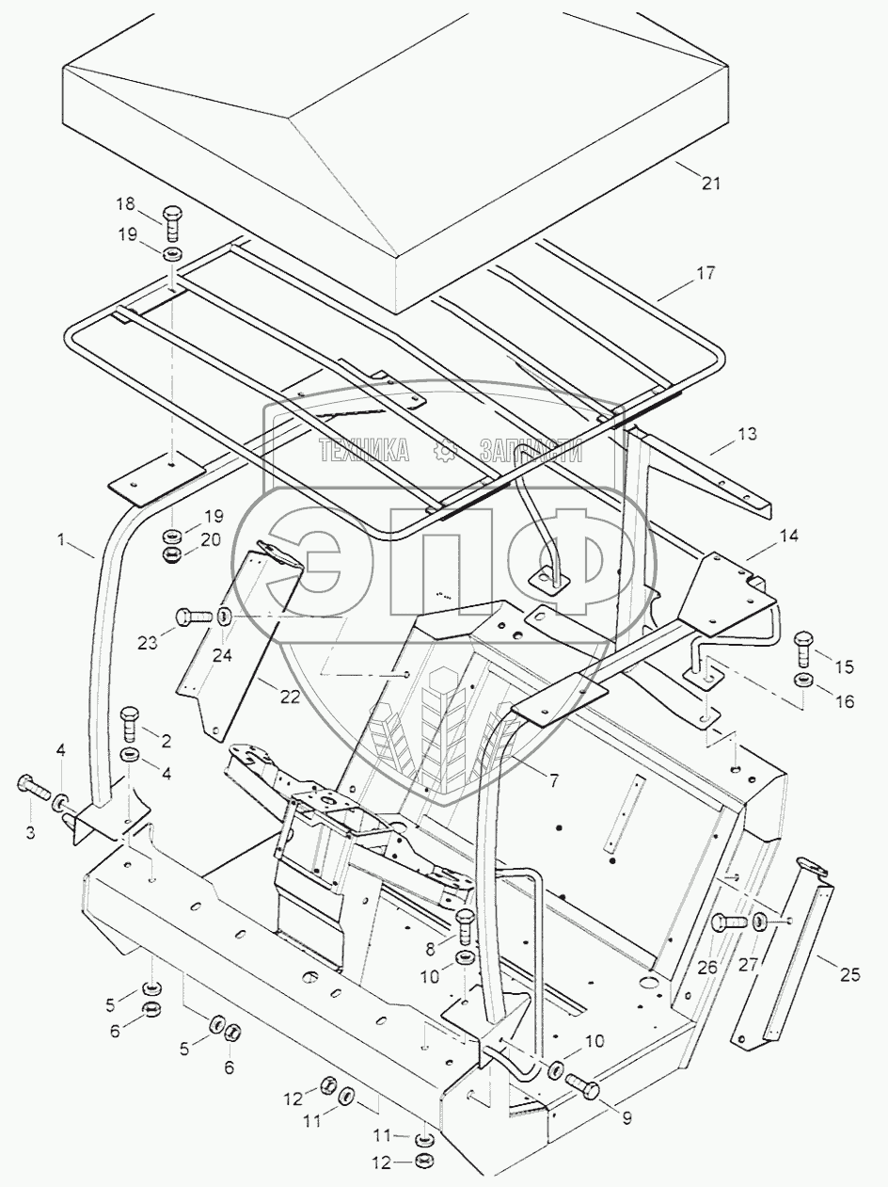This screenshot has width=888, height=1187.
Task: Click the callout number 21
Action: click(x=711, y=184)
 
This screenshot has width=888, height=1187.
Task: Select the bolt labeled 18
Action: click(x=173, y=223)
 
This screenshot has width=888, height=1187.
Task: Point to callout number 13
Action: click(x=747, y=434)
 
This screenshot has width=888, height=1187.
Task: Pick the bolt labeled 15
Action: click(x=803, y=650)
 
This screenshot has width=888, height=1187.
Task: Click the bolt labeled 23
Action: click(x=195, y=616)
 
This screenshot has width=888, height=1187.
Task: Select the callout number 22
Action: click(x=291, y=698)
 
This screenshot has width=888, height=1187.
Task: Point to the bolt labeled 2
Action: click(x=130, y=725)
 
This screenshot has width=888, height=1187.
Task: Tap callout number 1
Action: click(x=61, y=539)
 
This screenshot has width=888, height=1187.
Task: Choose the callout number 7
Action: click(x=552, y=780)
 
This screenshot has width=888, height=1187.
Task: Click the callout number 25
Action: click(x=849, y=974)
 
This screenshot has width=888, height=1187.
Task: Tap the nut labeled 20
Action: click(x=173, y=553)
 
